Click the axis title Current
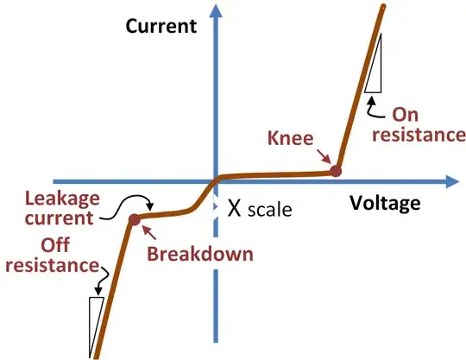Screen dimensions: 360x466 click(x=161, y=25)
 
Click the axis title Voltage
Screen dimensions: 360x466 click(x=385, y=204)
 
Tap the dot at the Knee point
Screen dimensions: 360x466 click(x=337, y=172)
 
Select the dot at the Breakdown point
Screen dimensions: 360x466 click(x=135, y=220)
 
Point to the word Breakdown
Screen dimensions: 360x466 click(x=199, y=255)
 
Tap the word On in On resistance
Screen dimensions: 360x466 click(x=406, y=113)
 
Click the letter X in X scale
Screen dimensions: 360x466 click(x=232, y=208)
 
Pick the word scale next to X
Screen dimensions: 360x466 click(x=269, y=210)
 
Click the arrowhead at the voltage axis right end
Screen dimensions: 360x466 click(x=450, y=182)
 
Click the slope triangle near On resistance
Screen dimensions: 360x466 click(x=375, y=73)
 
